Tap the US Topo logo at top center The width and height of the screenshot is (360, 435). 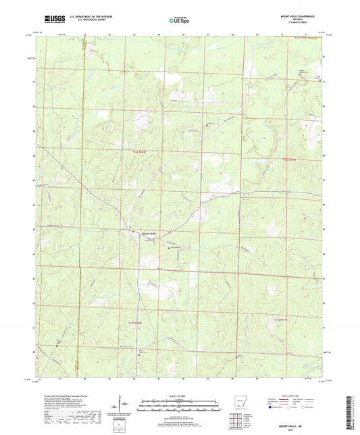[x=174, y=21]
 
